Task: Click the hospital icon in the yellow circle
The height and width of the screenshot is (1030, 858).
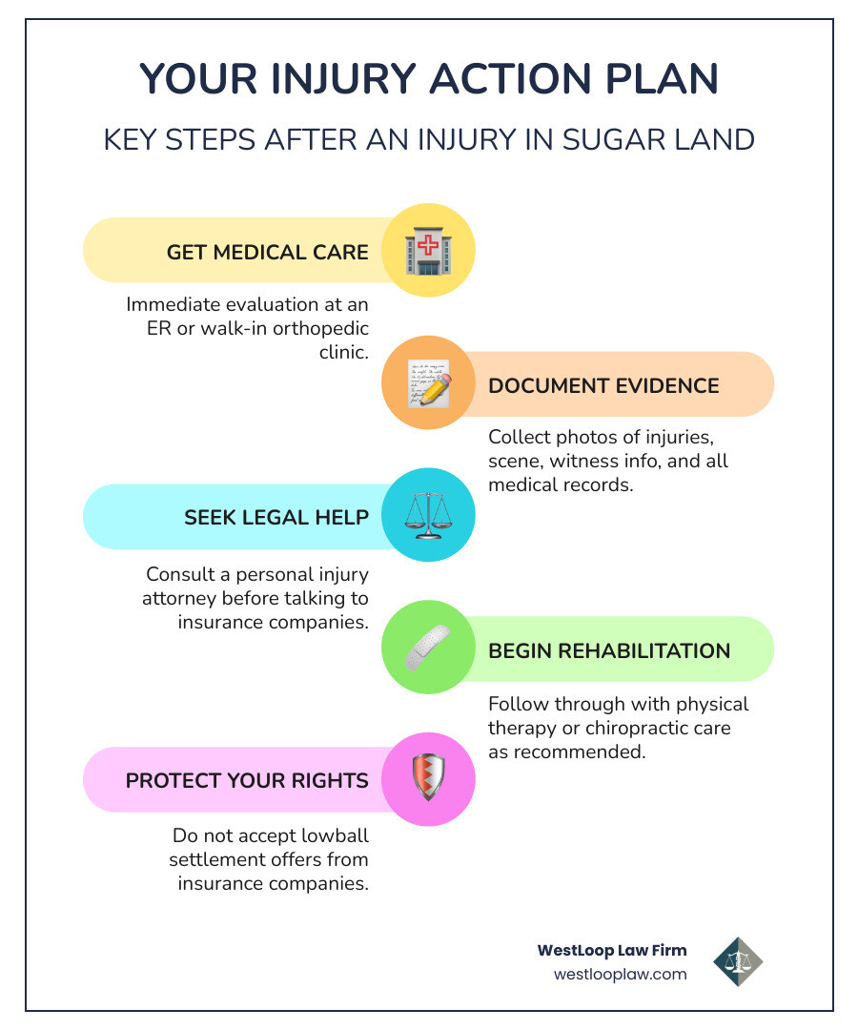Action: [x=428, y=251]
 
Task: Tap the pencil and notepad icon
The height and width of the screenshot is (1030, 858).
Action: [x=428, y=383]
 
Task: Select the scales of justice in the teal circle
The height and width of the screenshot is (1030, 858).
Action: [x=428, y=516]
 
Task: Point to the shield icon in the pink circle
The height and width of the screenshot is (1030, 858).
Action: [x=428, y=780]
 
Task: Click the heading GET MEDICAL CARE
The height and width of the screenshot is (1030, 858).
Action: [x=267, y=252]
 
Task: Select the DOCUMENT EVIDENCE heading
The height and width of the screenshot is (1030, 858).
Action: [x=603, y=385]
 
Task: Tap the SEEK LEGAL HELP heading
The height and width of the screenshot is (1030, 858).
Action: [x=276, y=517]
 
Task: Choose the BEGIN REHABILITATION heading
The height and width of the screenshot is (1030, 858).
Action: [x=609, y=650]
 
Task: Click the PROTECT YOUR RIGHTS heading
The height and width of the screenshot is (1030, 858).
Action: [x=247, y=780]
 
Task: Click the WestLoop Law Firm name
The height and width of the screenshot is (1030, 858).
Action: [x=612, y=950]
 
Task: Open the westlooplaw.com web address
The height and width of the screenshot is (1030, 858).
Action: [x=620, y=974]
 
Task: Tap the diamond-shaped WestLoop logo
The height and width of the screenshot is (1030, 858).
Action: [x=738, y=960]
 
